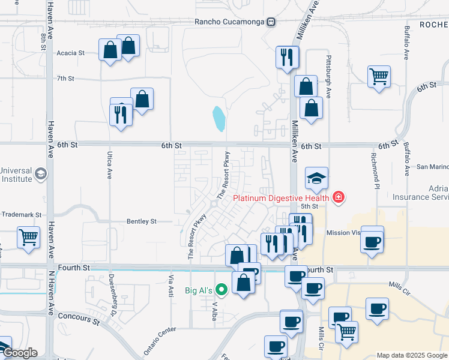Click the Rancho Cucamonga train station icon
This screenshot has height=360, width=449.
click(x=271, y=22)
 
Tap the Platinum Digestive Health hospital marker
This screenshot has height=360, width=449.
click(x=339, y=197)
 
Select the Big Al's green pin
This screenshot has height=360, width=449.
click(x=221, y=290)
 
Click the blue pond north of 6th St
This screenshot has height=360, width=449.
click(x=219, y=118)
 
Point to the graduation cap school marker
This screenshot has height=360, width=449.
click(x=316, y=178)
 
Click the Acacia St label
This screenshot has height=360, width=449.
click(x=70, y=53)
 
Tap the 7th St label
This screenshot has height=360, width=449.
click(x=65, y=78)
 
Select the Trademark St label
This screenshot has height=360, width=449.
click(x=20, y=214)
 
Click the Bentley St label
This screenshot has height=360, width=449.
click(x=141, y=221)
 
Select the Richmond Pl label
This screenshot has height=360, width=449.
click(x=376, y=169)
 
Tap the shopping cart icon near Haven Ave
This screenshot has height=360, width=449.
click(x=28, y=238)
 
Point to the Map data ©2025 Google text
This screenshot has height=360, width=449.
click(x=411, y=355)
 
